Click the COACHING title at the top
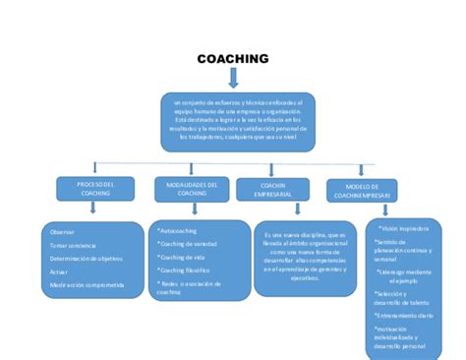tap(233, 59)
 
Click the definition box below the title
tap(237, 122)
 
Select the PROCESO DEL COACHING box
tap(96, 189)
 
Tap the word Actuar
tap(58, 270)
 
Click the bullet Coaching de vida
tap(183, 257)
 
